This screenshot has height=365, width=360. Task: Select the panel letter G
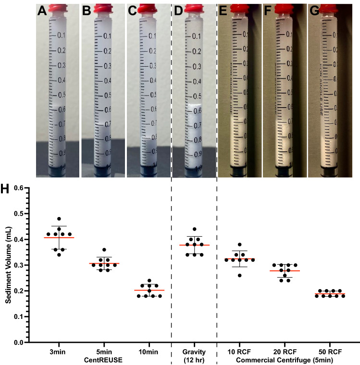(315, 10)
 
